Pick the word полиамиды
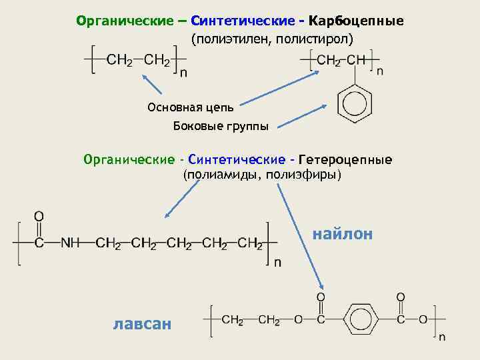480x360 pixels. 222,175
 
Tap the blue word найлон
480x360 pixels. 343,234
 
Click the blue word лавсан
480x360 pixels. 142,324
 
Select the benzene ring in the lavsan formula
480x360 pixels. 359,320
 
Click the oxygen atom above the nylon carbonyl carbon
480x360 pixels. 39,216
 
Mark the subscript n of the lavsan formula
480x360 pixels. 441,337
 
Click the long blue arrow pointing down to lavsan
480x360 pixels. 301,234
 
